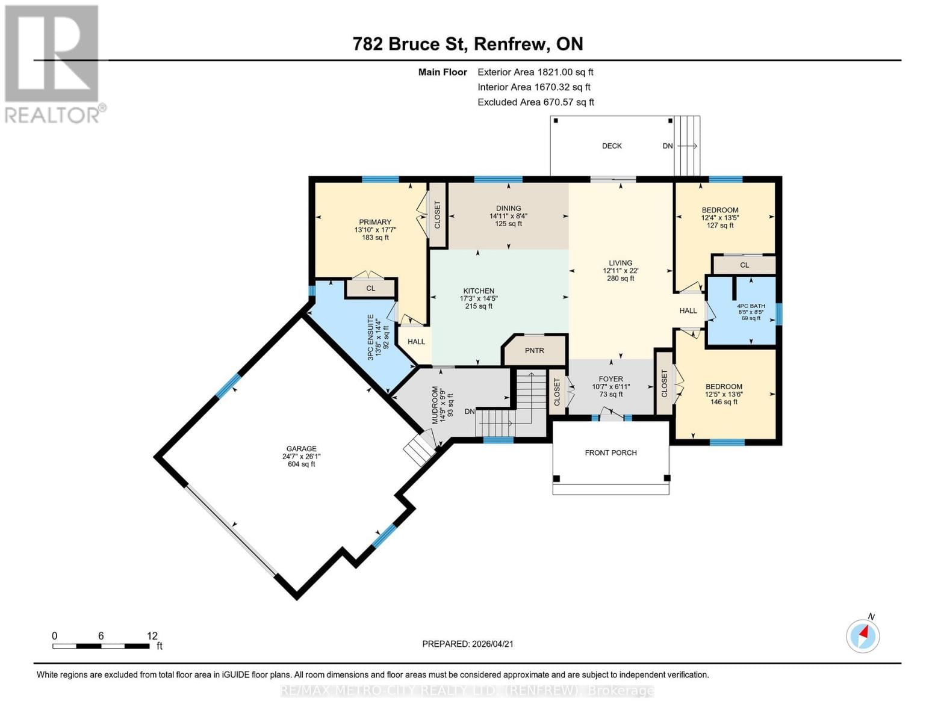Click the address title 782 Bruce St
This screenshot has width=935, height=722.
coord(468,44)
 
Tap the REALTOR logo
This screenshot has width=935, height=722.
coord(53,64)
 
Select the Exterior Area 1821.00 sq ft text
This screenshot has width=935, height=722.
coord(535,72)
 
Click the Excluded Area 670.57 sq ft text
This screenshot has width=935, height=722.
coord(535,102)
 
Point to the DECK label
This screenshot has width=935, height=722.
coord(612,146)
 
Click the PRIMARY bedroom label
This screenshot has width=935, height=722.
coord(375,222)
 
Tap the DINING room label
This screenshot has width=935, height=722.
coord(508,208)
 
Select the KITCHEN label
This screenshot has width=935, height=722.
coord(479,291)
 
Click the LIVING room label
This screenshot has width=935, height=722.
coord(620,263)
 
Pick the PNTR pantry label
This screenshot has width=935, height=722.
coord(534,351)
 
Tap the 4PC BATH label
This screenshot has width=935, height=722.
coord(751,306)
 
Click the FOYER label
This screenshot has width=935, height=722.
coord(610,379)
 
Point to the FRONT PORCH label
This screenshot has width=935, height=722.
coord(610,453)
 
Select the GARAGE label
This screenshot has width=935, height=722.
coord(301,449)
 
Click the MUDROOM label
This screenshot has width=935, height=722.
coord(435,405)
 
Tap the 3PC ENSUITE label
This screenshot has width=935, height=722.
coord(371,338)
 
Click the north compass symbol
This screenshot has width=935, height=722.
coord(863,635)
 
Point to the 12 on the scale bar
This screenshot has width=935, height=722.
coord(152,636)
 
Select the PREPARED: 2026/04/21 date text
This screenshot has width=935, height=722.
coord(468,644)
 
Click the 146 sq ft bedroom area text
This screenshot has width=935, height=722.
coord(724,402)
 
